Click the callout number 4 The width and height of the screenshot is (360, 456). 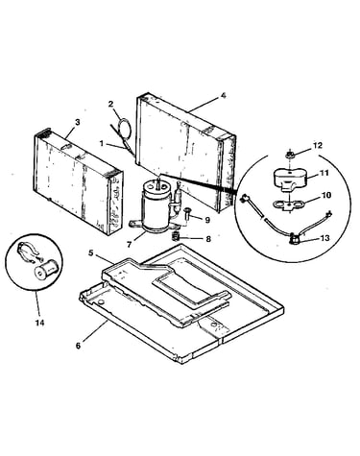pos(224,95)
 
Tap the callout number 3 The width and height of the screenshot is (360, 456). pos(77,122)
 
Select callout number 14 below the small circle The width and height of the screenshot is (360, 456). pos(39,323)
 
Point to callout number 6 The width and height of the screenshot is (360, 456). pos(78,346)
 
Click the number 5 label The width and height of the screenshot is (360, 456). pos(91,253)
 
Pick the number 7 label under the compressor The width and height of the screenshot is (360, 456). pos(129,245)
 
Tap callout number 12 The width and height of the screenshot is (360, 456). pos(318,145)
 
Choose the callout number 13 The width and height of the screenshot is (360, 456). pos(324,238)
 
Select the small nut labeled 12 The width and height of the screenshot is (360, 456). pos(290,156)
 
